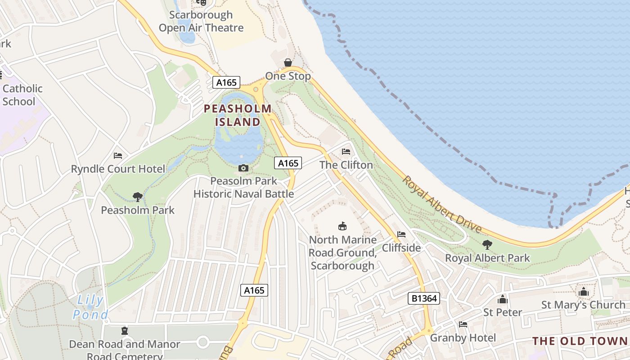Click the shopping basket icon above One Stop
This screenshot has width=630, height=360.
288,63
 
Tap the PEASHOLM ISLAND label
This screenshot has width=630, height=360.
238,115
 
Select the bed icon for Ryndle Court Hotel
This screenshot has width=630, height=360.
118,156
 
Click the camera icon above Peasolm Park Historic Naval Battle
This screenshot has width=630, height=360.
243,168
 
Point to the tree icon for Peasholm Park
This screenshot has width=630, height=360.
138,197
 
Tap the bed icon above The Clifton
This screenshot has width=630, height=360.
346,152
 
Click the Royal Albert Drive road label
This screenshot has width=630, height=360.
441,205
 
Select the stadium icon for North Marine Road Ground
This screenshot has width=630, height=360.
342,226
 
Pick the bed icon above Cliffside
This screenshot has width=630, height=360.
401,234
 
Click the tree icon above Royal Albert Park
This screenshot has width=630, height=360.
487,245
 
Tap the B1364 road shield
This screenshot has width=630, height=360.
423,298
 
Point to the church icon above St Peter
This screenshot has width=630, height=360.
503,299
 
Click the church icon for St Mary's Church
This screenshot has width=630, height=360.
584,292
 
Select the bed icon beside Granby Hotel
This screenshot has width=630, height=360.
463,324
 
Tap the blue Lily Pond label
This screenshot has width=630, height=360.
90,307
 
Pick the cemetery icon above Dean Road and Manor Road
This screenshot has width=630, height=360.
125,331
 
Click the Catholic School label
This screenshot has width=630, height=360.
22,95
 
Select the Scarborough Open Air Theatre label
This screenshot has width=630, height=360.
201,21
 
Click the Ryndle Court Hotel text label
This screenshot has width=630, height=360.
118,169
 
